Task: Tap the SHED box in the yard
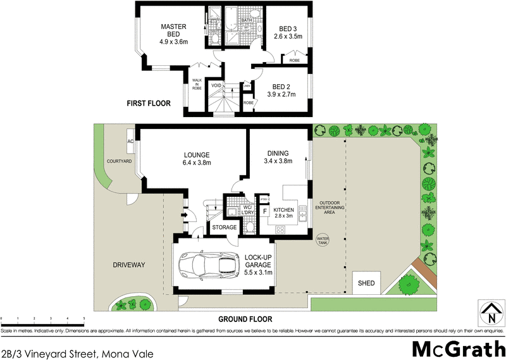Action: [366, 283]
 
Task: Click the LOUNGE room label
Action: [197, 154]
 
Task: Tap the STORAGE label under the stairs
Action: [225, 227]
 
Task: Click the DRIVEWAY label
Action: [130, 264]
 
